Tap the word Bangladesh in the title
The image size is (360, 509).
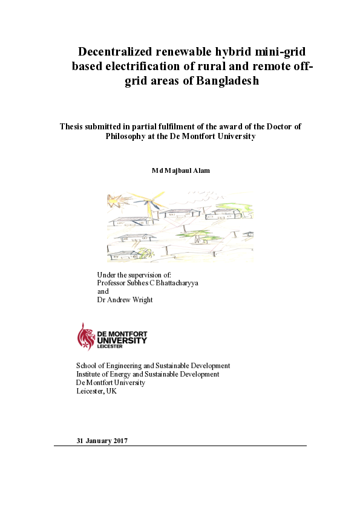point(227,81)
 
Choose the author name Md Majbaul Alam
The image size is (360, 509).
point(180,171)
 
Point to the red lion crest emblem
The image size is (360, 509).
point(85,336)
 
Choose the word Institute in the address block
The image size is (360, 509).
point(90,374)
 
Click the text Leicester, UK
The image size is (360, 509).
point(96,391)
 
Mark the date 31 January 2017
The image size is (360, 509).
point(102,440)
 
